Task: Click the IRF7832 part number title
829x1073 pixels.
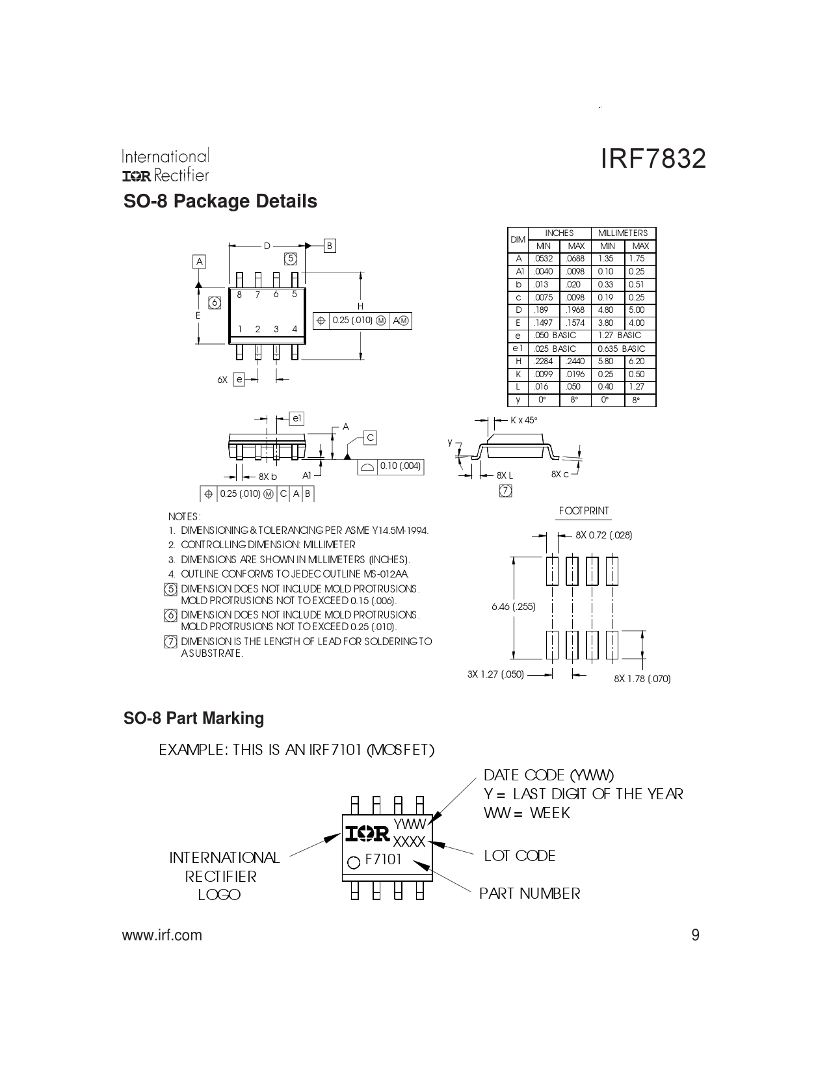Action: click(x=653, y=159)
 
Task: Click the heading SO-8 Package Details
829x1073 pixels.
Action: click(x=220, y=201)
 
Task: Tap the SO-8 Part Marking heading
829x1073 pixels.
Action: click(x=194, y=718)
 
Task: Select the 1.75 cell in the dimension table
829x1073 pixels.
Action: click(x=637, y=258)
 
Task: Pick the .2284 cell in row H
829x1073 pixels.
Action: click(x=543, y=361)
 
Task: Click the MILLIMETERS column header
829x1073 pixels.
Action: click(x=623, y=233)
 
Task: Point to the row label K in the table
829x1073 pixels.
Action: click(x=518, y=374)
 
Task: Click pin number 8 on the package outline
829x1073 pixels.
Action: click(x=239, y=295)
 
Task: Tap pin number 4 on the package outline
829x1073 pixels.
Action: click(x=295, y=329)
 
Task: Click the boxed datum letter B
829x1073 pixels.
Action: click(x=330, y=246)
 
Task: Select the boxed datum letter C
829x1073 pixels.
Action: click(x=371, y=438)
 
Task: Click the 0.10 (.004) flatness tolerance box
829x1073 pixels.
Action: click(x=391, y=467)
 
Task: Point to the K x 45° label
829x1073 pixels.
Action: click(x=523, y=420)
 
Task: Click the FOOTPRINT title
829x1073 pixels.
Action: click(x=584, y=511)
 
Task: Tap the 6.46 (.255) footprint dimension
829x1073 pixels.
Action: click(x=514, y=606)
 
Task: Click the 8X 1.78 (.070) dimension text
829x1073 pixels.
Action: click(x=642, y=678)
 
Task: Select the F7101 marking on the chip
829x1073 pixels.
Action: click(x=383, y=860)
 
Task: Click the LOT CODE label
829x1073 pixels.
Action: click(x=520, y=856)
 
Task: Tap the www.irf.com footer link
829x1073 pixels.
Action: click(x=162, y=935)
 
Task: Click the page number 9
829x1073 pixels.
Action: click(x=695, y=935)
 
